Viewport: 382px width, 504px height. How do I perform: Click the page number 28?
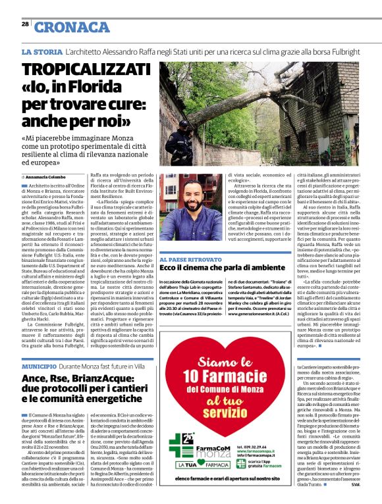(24, 24)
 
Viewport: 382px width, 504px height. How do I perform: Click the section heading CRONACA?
(72, 27)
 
